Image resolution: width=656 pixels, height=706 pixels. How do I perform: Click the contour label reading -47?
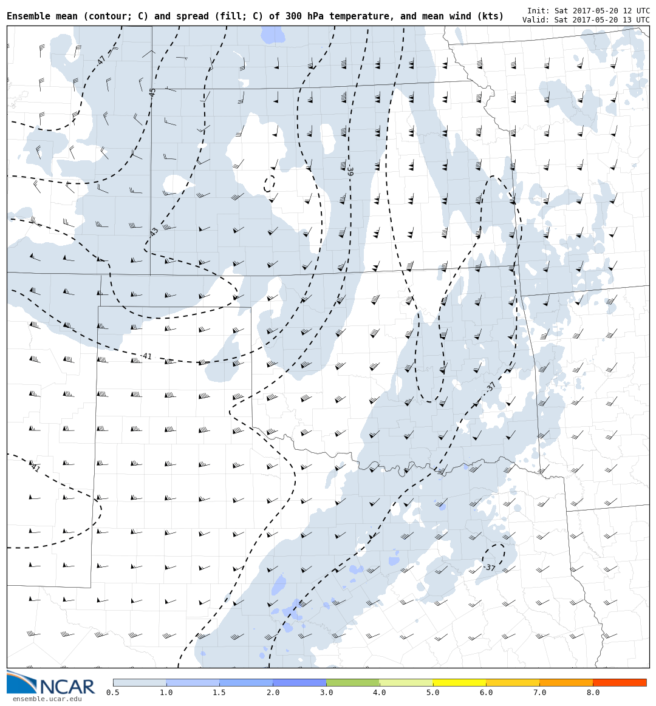click(101, 60)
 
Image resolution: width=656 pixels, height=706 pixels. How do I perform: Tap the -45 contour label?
click(152, 92)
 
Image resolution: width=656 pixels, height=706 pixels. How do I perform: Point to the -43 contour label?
click(154, 232)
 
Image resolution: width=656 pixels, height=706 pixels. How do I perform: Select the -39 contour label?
click(349, 171)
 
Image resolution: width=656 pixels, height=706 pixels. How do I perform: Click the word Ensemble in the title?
click(27, 16)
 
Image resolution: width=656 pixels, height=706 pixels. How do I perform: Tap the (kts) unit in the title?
click(491, 16)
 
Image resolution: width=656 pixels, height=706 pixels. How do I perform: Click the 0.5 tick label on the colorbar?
click(113, 693)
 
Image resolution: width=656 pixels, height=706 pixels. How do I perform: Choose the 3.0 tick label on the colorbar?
click(326, 693)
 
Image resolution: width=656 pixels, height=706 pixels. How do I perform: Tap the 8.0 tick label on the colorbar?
click(593, 693)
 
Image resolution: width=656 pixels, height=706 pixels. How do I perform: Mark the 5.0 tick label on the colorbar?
click(433, 693)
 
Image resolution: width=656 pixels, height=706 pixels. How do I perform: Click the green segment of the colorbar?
click(352, 682)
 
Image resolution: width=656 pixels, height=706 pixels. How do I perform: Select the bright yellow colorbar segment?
click(459, 682)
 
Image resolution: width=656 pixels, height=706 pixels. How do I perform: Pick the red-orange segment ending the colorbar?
click(620, 682)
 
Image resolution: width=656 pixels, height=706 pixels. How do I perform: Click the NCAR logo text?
click(67, 687)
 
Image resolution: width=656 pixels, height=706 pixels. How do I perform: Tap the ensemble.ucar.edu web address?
click(47, 699)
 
